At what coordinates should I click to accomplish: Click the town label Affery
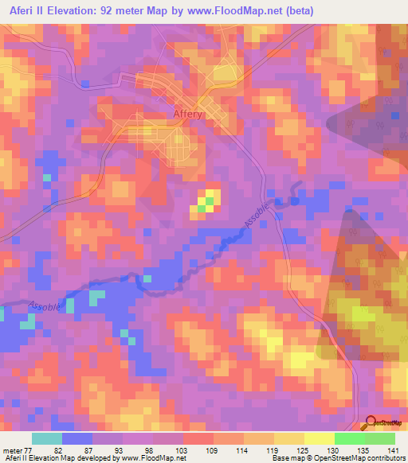click(x=189, y=115)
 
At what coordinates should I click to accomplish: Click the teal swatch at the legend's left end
click(x=47, y=438)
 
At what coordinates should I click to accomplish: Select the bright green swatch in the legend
click(x=350, y=438)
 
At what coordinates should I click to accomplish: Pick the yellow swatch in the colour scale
click(x=320, y=438)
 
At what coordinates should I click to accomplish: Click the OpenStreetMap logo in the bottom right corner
click(x=382, y=423)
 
